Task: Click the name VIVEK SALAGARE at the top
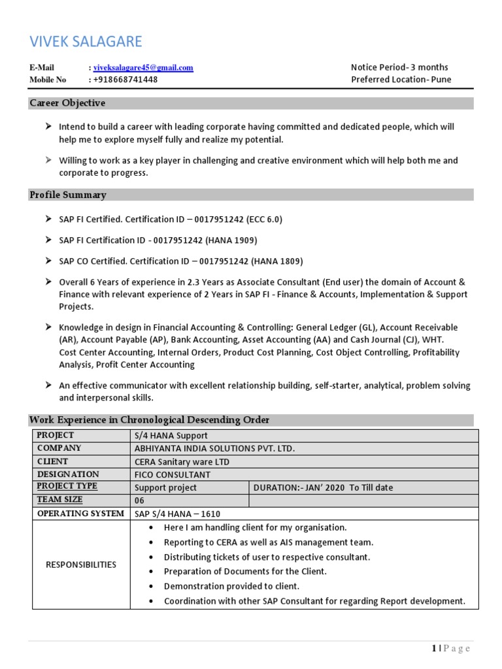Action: coord(86,42)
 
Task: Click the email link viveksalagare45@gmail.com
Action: coord(143,67)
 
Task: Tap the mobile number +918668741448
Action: coord(125,80)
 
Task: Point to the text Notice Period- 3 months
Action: coord(399,67)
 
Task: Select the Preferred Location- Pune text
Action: coord(401,80)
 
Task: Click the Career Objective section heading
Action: coord(67,103)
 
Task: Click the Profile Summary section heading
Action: coord(68,195)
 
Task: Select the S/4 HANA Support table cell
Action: coord(171,436)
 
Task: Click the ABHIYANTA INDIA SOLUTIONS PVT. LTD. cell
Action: coord(214,449)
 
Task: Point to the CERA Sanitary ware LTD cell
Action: coord(182,462)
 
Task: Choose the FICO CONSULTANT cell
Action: coord(173,475)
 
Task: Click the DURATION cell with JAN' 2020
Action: coord(323,488)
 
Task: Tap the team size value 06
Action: coord(139,500)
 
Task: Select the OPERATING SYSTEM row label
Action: coord(80,514)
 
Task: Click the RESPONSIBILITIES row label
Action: coord(81,564)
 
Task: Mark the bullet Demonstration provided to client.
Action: coord(231,587)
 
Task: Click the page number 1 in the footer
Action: coord(433,648)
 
